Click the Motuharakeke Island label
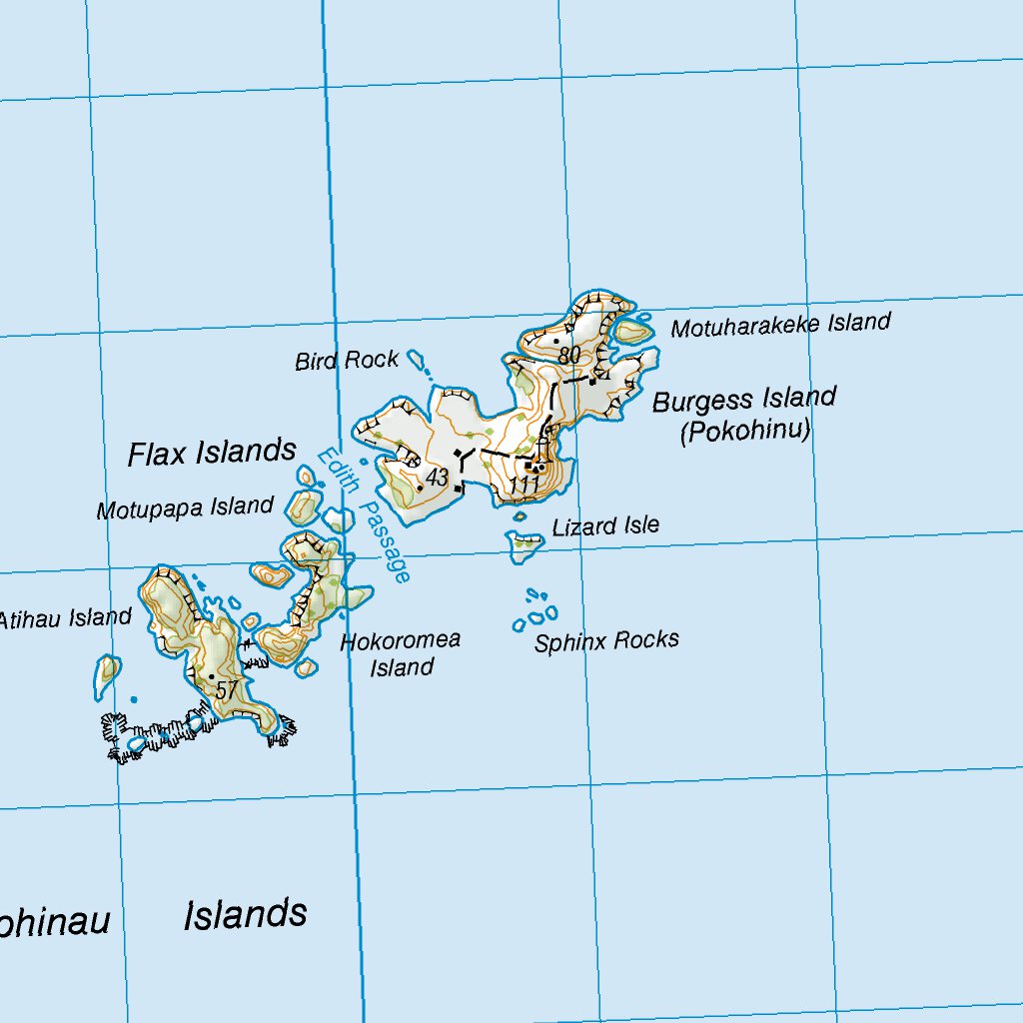pos(780,325)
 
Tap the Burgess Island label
pos(744,401)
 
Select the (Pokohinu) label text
pos(745,432)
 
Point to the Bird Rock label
pos(347,360)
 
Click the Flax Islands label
pos(212,453)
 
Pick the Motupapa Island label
pos(185,508)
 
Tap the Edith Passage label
pos(365,514)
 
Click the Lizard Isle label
pos(605,525)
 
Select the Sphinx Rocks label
pos(606,640)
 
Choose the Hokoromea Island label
pos(401,653)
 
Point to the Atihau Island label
pos(65,618)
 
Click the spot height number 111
pos(524,485)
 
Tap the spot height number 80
pos(570,355)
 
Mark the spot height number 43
pos(437,478)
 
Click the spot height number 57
pos(227,689)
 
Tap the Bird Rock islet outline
pos(417,358)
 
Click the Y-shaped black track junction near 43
pos(461,460)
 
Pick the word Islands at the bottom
pos(245,914)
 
